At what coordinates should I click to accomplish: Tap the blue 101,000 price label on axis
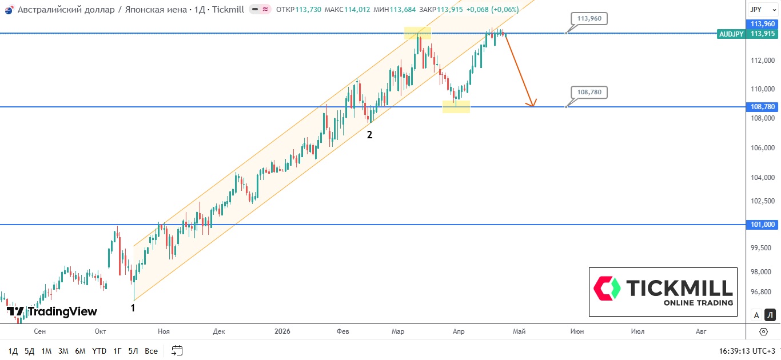[x=763, y=225]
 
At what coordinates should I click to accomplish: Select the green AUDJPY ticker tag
[x=731, y=34]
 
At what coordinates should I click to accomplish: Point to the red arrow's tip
[x=533, y=106]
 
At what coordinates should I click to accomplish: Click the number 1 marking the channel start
[x=133, y=308]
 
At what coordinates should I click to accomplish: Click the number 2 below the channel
[x=369, y=135]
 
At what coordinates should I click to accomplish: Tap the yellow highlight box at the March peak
[x=417, y=33]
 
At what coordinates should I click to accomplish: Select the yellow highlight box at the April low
[x=456, y=106]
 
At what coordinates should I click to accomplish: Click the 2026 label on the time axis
[x=282, y=331]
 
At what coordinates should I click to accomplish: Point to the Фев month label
[x=342, y=331]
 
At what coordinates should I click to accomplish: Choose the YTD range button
[x=99, y=351]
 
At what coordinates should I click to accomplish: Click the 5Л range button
[x=133, y=351]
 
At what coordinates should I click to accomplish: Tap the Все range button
[x=151, y=351]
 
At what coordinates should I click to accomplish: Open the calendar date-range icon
[x=177, y=350]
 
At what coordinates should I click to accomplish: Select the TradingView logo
[x=53, y=311]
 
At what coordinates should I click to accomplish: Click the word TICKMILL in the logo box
[x=679, y=287]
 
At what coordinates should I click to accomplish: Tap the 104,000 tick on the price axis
[x=763, y=177]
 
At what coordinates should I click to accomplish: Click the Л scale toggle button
[x=770, y=315]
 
